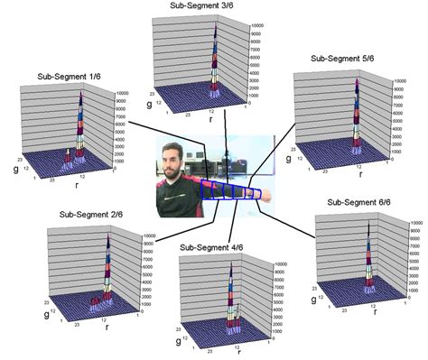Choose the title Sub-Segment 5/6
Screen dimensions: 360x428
point(344,58)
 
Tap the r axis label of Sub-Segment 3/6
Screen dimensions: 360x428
point(210,117)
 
